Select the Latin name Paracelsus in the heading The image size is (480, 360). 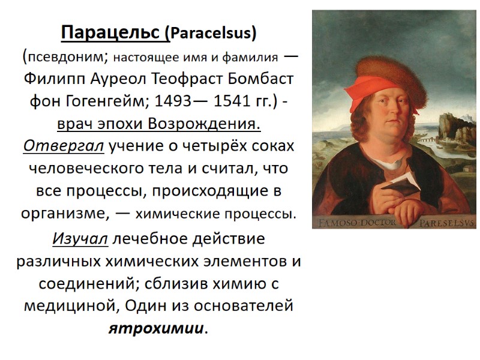[214, 34]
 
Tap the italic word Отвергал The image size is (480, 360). [64, 146]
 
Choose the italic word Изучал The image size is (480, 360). [80, 239]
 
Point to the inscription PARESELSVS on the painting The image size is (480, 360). [446, 223]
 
